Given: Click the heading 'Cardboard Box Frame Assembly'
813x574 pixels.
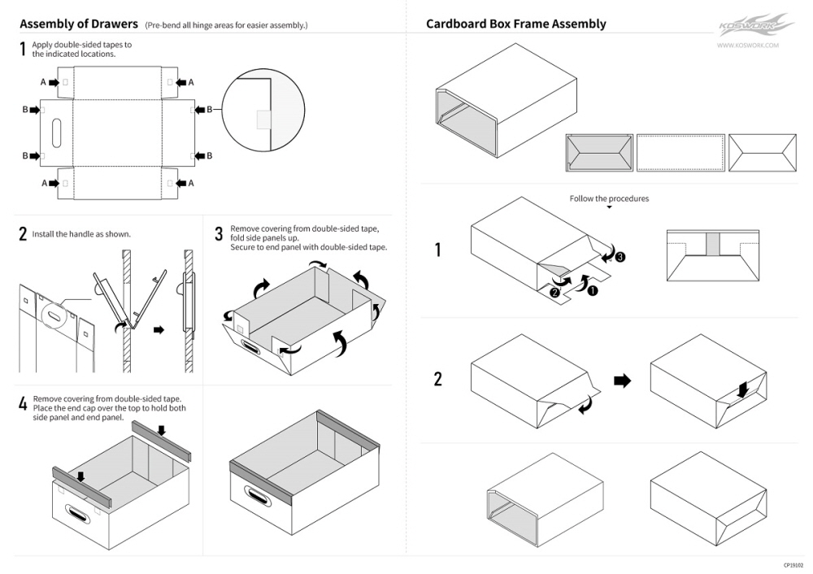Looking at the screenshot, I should tap(515, 24).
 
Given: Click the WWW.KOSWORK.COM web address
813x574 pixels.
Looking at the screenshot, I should tap(748, 46).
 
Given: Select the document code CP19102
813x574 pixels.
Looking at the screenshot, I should tap(793, 565).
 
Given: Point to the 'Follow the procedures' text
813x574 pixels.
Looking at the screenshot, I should tap(609, 198).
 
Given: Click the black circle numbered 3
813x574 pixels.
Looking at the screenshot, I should tap(620, 257).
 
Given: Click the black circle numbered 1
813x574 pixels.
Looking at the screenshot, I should tap(592, 290).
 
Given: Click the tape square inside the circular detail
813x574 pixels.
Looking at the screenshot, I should tap(263, 120).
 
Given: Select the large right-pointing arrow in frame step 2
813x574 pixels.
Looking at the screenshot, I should tap(622, 380).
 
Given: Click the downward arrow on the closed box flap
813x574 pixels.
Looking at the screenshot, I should tap(742, 390).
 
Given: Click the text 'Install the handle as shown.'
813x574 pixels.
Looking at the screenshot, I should tap(81, 234).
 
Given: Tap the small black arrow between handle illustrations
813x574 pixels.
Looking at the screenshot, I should tap(159, 329).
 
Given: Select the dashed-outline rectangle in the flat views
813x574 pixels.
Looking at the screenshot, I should tap(680, 152).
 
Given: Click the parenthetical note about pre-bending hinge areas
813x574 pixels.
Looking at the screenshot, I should tap(226, 25).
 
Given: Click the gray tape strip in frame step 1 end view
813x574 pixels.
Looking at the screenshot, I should tap(713, 242).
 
